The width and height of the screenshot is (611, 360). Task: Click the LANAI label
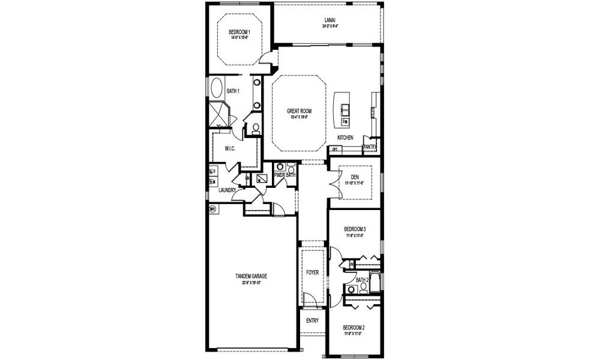click(330, 20)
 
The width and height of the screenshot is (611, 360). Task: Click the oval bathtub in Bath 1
click(217, 88)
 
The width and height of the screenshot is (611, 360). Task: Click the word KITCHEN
click(345, 137)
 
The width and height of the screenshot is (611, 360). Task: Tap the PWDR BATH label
click(284, 175)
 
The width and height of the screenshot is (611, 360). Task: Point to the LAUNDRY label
click(227, 190)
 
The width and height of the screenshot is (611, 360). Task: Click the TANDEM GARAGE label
click(251, 277)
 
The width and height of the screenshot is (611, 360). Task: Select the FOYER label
click(312, 272)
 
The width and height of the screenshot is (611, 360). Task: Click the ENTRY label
click(312, 320)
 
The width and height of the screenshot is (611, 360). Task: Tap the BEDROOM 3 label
click(355, 229)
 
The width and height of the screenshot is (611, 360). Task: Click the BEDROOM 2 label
click(354, 328)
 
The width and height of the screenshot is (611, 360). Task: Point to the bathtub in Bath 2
click(375, 283)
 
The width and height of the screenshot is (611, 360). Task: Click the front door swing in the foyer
click(310, 300)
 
